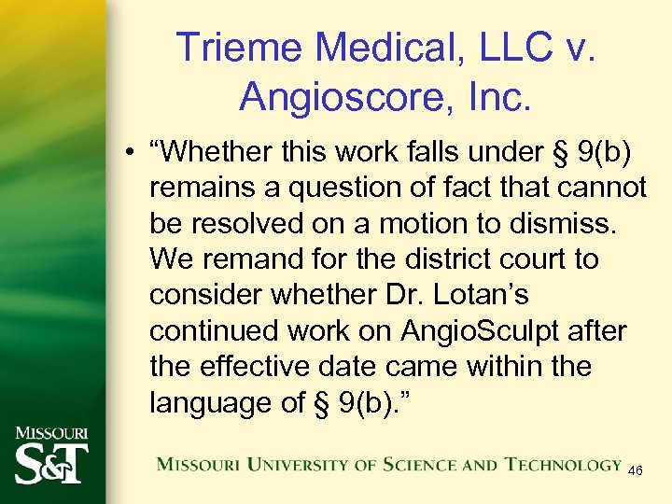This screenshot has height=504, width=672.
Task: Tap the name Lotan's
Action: (x=480, y=295)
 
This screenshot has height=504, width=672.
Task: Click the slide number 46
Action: (x=635, y=471)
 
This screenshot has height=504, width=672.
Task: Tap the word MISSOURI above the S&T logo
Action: (x=50, y=433)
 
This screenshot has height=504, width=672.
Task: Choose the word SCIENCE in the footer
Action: (x=407, y=464)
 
